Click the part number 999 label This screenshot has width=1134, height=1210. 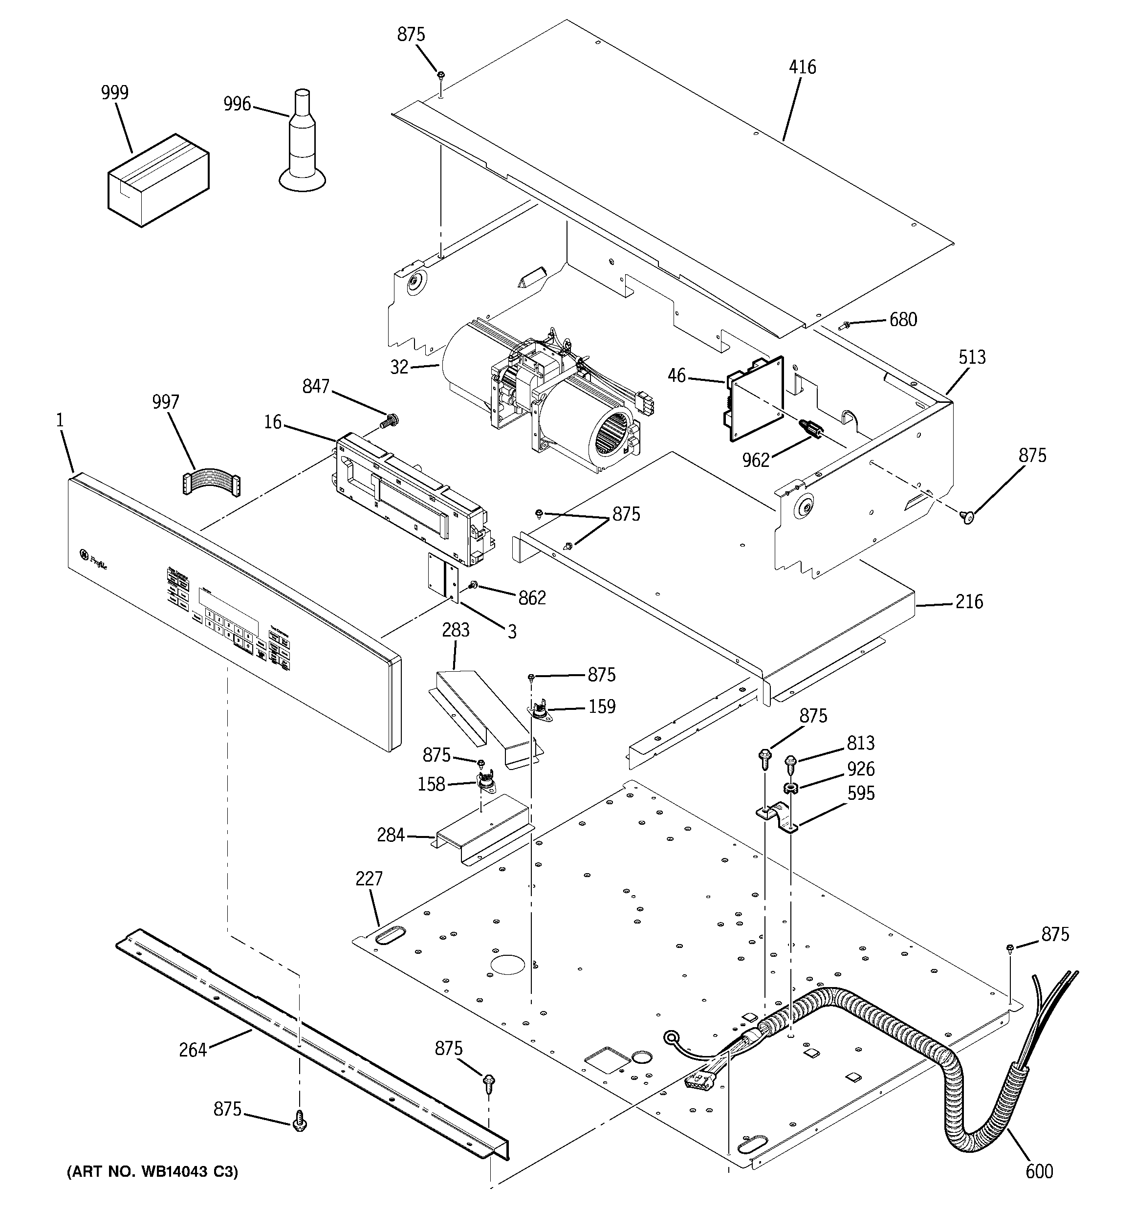click(114, 92)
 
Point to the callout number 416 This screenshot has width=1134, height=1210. click(802, 67)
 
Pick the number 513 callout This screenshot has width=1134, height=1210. click(972, 357)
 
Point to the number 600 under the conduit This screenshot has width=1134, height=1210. click(1039, 1170)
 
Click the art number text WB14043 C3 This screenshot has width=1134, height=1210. click(152, 1171)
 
